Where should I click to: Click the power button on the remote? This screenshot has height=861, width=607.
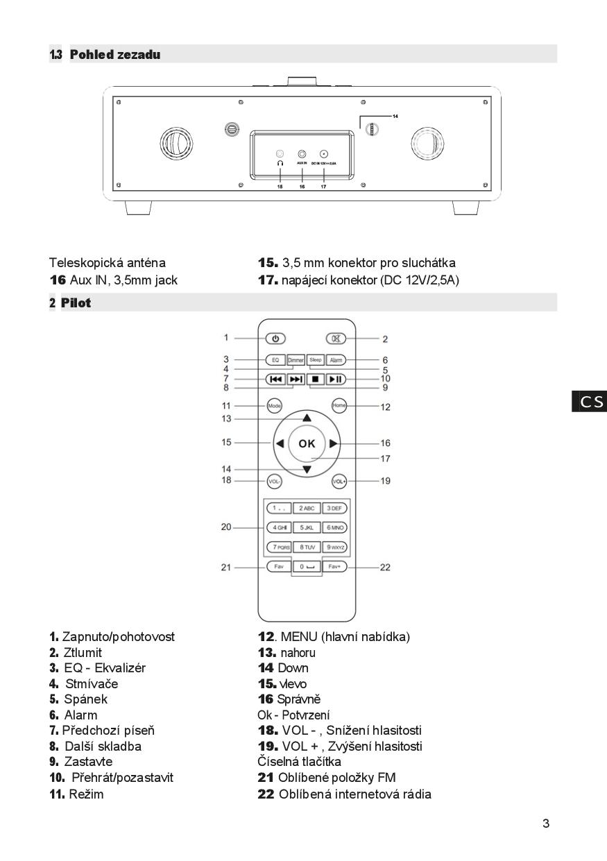tap(275, 339)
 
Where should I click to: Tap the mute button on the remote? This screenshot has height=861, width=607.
tap(336, 339)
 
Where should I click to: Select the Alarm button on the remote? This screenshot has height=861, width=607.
tap(336, 360)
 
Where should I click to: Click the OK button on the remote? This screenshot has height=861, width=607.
tap(307, 443)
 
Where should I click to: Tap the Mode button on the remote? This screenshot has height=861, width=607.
tap(275, 406)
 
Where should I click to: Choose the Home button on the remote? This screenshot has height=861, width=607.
tap(339, 406)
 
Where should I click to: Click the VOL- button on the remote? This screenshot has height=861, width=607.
tap(275, 481)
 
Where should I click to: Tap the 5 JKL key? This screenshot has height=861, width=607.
tap(307, 527)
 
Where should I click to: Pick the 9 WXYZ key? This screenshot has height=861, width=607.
tap(336, 547)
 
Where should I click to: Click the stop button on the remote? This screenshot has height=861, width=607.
tap(316, 379)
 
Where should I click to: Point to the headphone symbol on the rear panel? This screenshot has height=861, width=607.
tap(280, 163)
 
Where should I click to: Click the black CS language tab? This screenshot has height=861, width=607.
tap(589, 402)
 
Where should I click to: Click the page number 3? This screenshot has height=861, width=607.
tap(546, 824)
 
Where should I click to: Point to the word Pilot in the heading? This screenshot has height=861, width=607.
tap(76, 303)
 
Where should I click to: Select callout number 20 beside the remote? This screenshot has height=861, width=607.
tap(226, 527)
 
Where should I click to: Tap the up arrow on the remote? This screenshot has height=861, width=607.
tap(307, 418)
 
